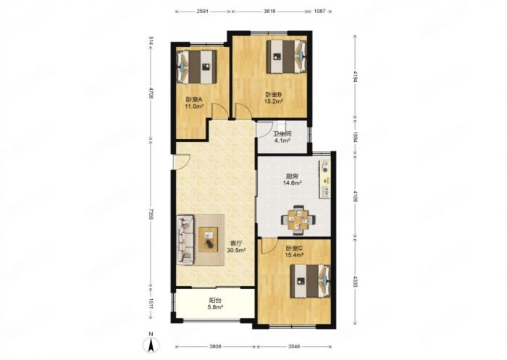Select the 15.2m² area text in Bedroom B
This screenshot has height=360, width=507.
click(274, 101)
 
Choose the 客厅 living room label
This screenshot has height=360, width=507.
click(236, 243)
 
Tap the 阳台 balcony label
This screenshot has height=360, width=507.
click(215, 301)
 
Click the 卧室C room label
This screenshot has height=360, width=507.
click(294, 248)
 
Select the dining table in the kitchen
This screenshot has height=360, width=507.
click(298, 220)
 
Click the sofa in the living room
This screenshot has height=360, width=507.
click(185, 240)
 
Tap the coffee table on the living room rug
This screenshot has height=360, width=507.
click(209, 240)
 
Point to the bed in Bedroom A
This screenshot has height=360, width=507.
click(196, 67)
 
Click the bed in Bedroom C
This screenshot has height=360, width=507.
click(310, 281)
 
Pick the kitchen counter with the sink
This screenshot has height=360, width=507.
click(325, 179)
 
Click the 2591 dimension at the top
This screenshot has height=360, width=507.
click(202, 12)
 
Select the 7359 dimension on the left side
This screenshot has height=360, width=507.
click(151, 214)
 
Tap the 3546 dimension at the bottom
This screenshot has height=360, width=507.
click(294, 346)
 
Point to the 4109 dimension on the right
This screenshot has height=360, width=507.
click(355, 196)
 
